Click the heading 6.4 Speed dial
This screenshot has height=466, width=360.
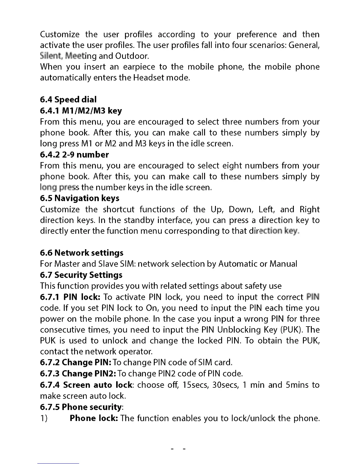(x=68, y=100)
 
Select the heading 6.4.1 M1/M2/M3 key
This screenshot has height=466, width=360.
(x=81, y=111)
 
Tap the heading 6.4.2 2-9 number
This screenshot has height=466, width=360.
(x=74, y=155)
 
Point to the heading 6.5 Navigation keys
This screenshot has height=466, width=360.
(x=80, y=198)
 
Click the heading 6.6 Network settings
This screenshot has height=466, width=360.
(x=82, y=253)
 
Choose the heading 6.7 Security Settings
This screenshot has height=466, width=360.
(x=81, y=275)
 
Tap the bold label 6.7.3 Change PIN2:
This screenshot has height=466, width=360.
(x=78, y=374)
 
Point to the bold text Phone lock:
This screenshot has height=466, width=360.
(x=94, y=418)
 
